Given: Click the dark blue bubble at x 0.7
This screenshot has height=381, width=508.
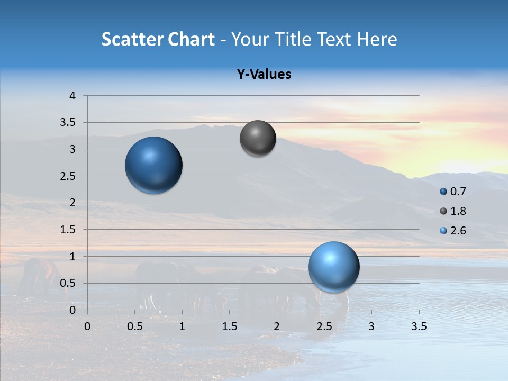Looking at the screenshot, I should click(153, 165).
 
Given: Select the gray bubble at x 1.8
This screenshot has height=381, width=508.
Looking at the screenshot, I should click(258, 138).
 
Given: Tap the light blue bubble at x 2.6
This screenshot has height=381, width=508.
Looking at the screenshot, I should click(333, 267).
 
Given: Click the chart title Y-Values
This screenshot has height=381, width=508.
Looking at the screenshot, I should click(264, 75).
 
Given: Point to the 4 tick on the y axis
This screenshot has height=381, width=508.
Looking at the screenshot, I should click(73, 96).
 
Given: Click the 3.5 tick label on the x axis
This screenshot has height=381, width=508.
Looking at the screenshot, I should click(419, 326).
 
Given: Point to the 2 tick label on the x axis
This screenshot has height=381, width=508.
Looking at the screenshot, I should click(277, 326).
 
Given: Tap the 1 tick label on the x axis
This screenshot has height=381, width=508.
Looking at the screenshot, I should click(182, 326).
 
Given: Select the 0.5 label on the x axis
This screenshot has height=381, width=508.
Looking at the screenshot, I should click(134, 326).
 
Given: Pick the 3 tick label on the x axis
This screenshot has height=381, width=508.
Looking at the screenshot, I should click(371, 326).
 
